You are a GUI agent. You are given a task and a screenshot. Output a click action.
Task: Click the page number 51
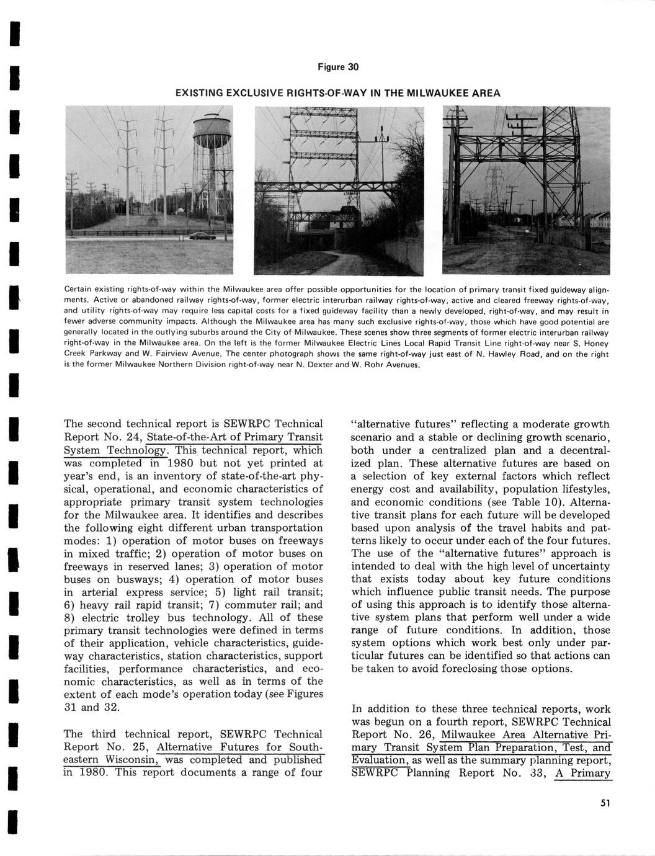605,803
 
